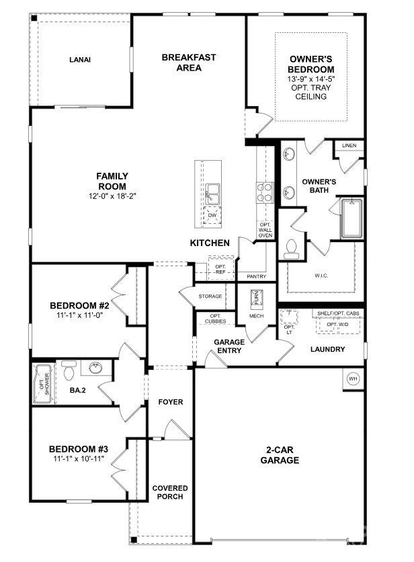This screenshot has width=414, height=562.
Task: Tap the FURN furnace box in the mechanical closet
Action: click(x=256, y=298)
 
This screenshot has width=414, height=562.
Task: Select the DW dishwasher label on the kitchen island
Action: click(x=212, y=216)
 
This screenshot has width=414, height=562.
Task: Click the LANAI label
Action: click(x=79, y=60)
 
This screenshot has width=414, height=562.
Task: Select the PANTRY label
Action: click(x=256, y=276)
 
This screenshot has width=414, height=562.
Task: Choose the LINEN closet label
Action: click(x=349, y=145)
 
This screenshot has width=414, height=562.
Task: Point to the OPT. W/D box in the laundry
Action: click(x=338, y=325)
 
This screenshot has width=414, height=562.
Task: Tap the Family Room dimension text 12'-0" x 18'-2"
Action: click(x=112, y=196)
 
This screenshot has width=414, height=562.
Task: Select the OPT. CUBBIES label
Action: click(x=216, y=319)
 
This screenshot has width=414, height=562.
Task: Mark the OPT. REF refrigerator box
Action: click(x=220, y=269)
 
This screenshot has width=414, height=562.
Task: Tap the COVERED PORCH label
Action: click(x=169, y=492)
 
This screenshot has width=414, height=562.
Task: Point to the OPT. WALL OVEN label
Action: click(x=265, y=231)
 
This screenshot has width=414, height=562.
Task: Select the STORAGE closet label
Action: click(x=210, y=296)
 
